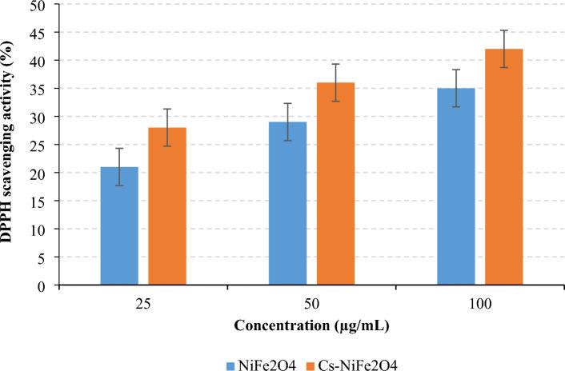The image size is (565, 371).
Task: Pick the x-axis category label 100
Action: point(480,305)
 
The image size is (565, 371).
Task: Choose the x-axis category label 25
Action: point(143,305)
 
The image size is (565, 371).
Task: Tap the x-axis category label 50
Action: point(311,305)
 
